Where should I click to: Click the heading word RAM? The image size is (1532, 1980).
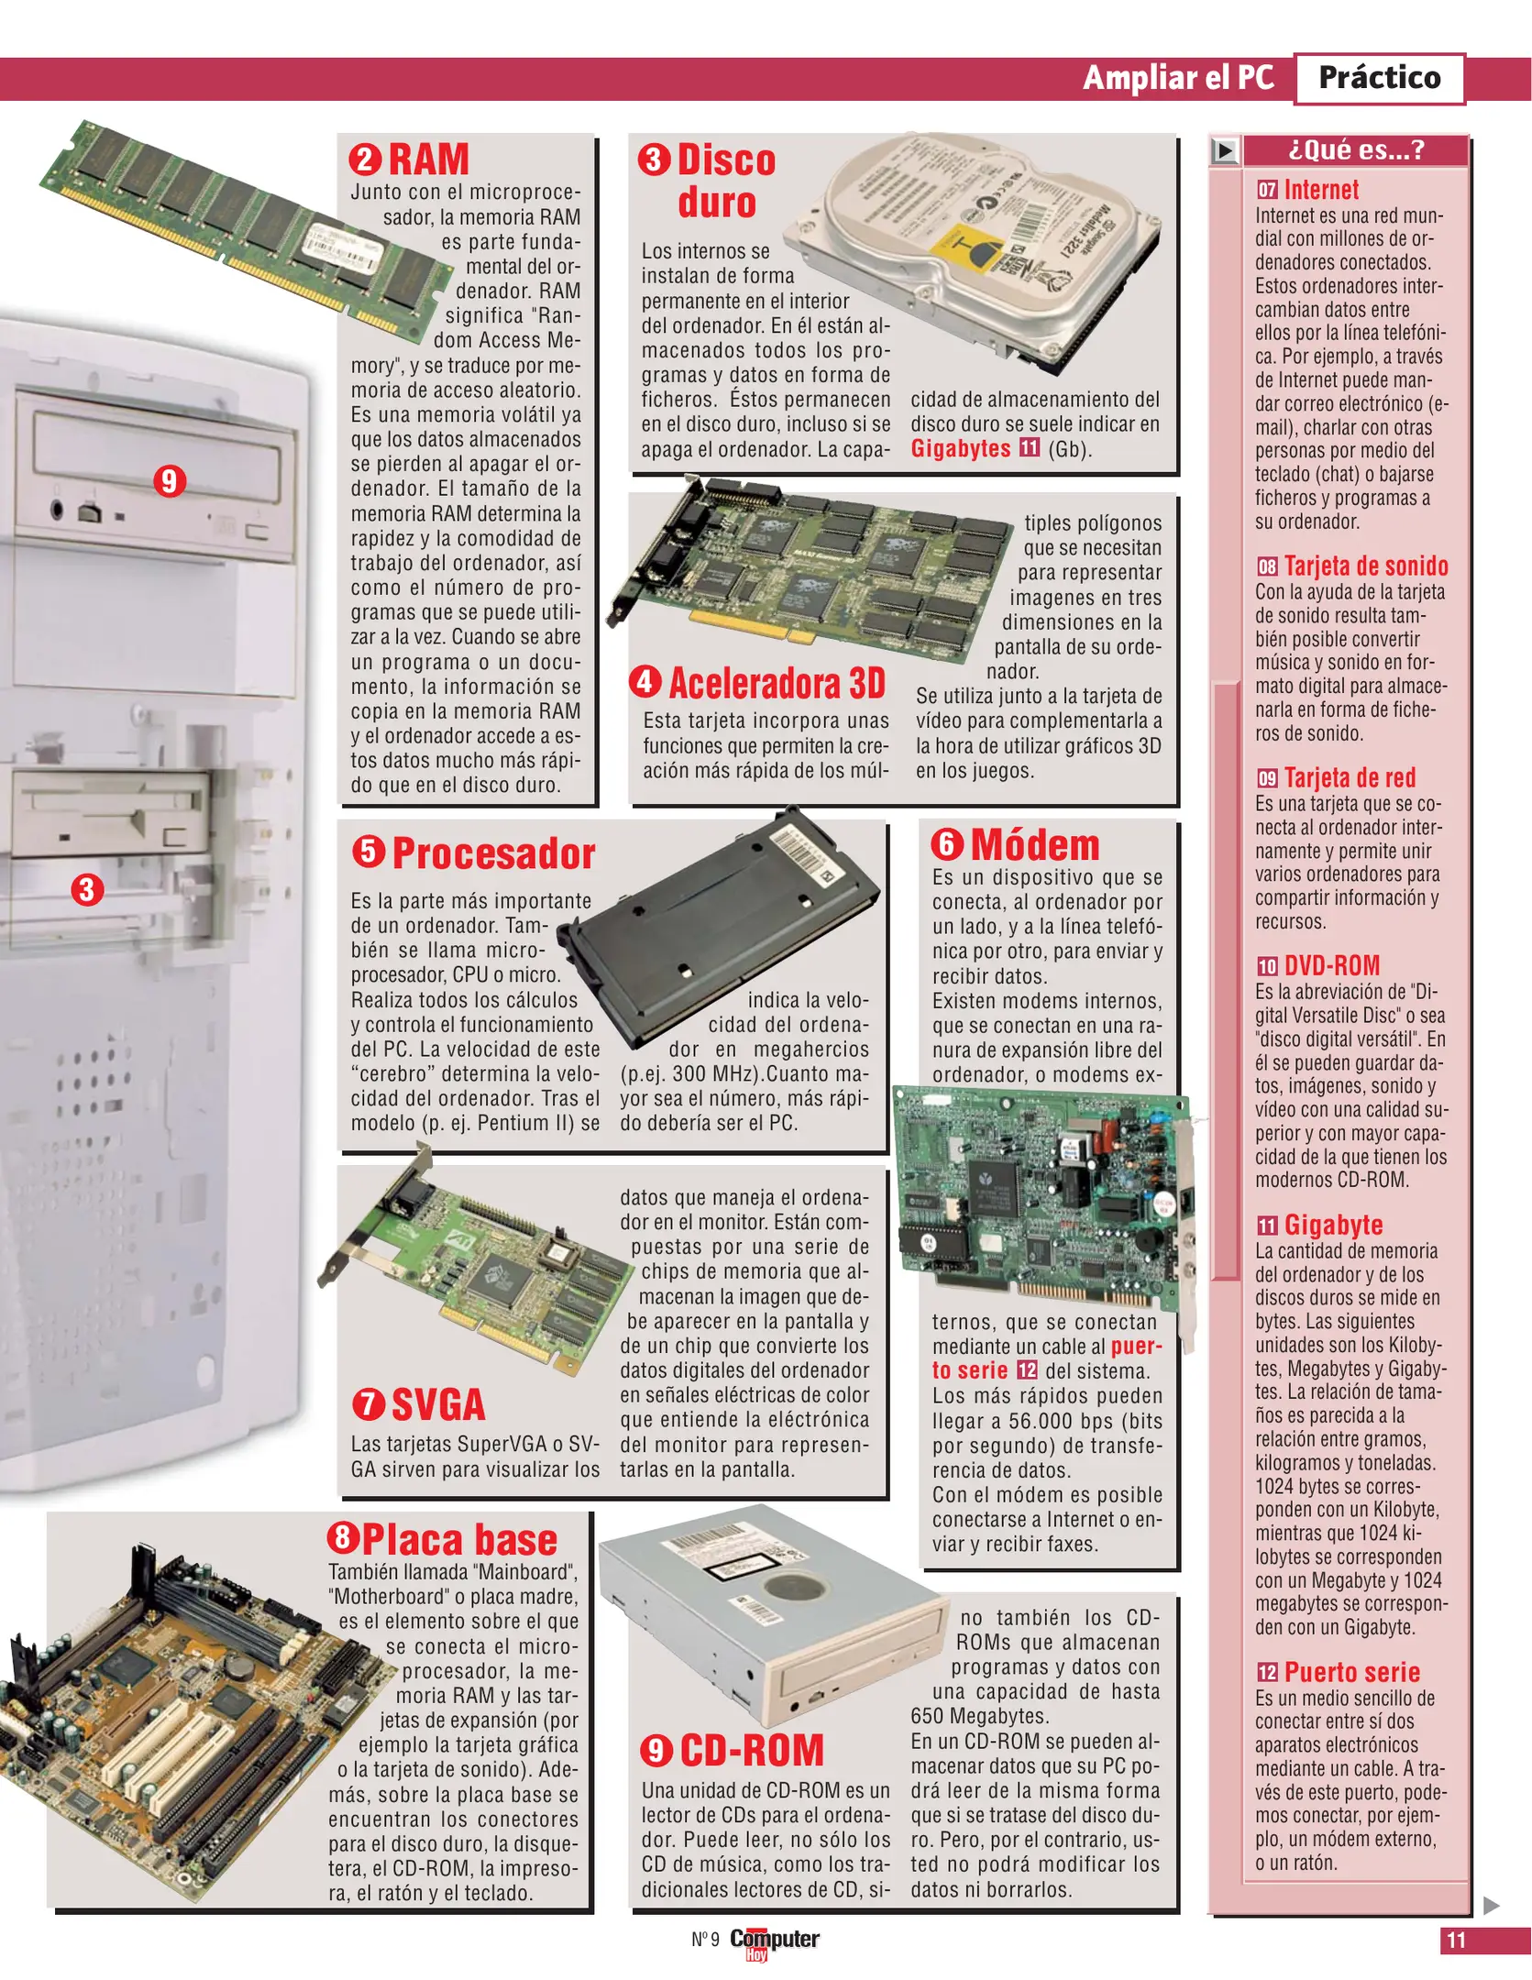click(x=428, y=159)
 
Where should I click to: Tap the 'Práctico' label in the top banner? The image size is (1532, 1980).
click(x=1379, y=78)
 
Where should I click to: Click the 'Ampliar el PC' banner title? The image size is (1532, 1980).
click(x=1178, y=78)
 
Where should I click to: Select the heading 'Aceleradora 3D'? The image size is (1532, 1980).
click(x=777, y=684)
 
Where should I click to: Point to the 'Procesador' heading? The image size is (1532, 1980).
click(x=493, y=853)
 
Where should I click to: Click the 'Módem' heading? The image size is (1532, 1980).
click(x=1034, y=845)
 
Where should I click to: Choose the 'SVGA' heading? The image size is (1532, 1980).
click(x=438, y=1405)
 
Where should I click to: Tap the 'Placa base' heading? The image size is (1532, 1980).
click(x=459, y=1540)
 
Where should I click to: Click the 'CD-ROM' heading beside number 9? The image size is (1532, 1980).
click(x=752, y=1750)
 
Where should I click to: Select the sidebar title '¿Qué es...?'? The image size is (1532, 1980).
click(x=1356, y=149)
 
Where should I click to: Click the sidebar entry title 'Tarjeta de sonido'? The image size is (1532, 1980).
click(x=1365, y=566)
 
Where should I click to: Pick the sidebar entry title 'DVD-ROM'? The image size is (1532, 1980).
click(x=1331, y=965)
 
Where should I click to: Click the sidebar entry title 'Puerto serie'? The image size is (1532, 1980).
click(x=1351, y=1672)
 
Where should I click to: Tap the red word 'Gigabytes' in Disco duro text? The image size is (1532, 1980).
click(x=960, y=448)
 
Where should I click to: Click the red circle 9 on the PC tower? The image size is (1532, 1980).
click(x=170, y=480)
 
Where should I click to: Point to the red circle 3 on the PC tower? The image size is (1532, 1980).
click(x=87, y=889)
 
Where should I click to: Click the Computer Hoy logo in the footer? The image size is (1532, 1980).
click(x=774, y=1941)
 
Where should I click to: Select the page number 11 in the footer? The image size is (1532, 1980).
click(x=1456, y=1940)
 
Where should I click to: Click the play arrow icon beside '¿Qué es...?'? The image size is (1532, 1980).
click(x=1225, y=150)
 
